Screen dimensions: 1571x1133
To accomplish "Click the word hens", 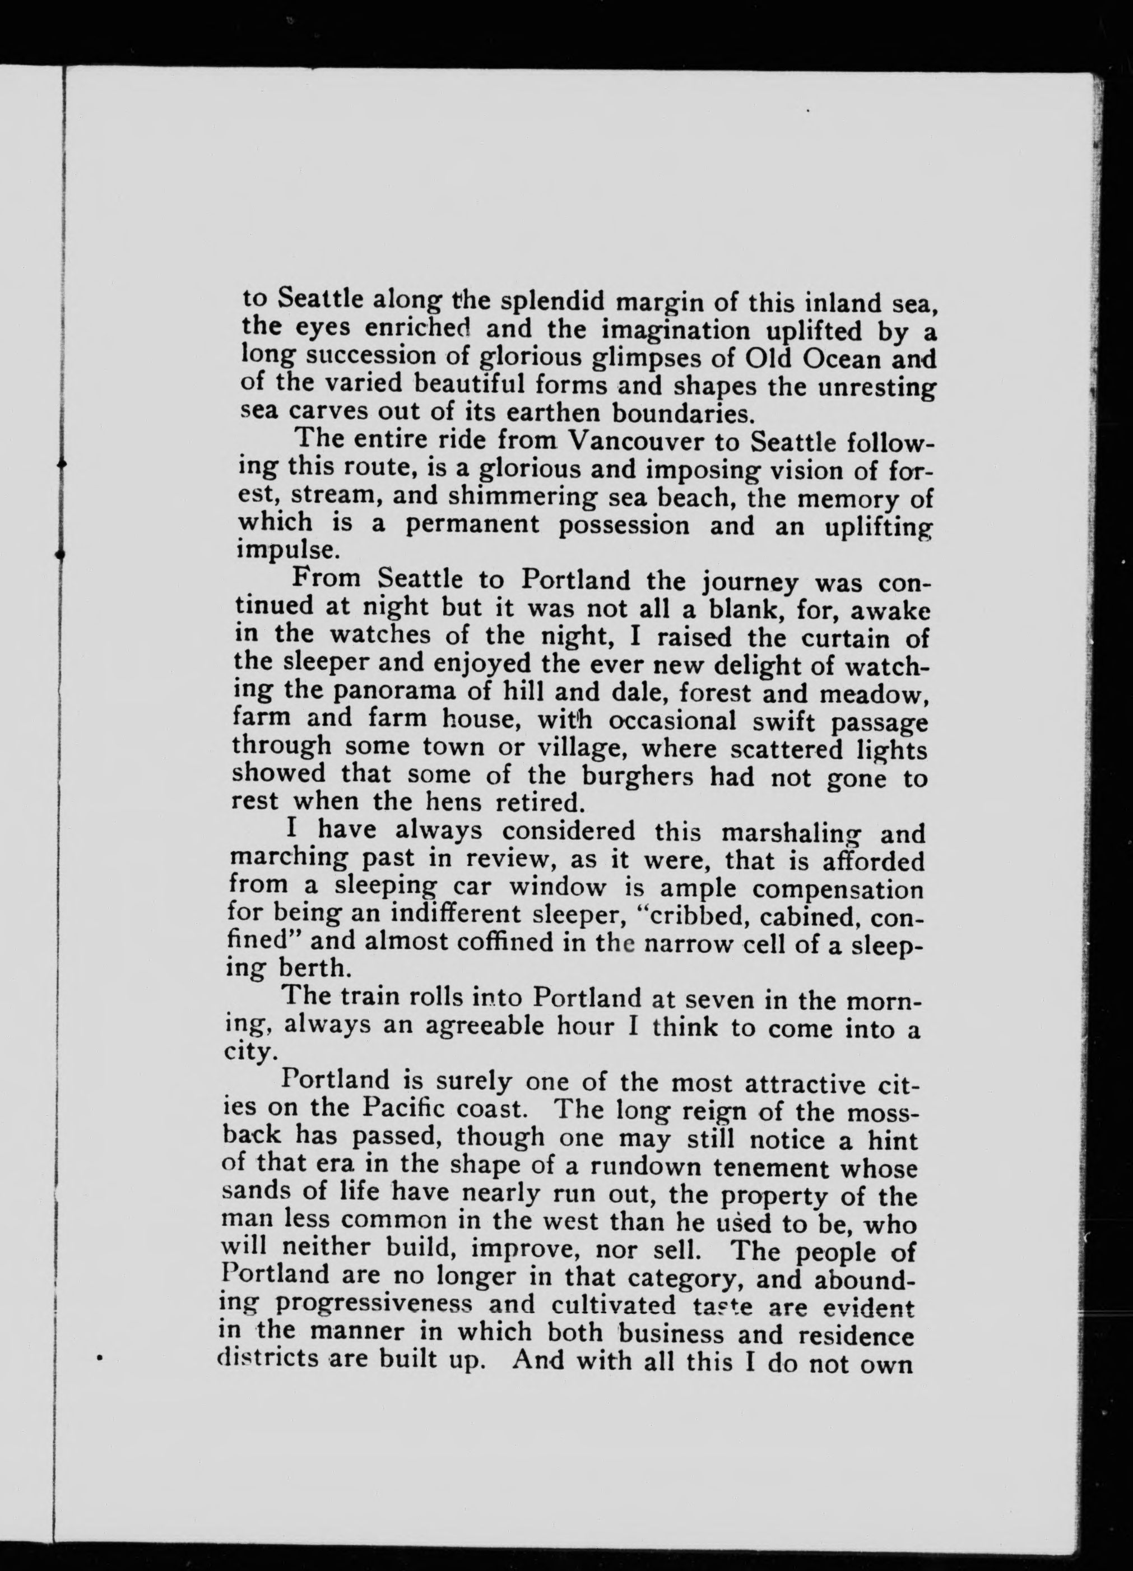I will tap(451, 802).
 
